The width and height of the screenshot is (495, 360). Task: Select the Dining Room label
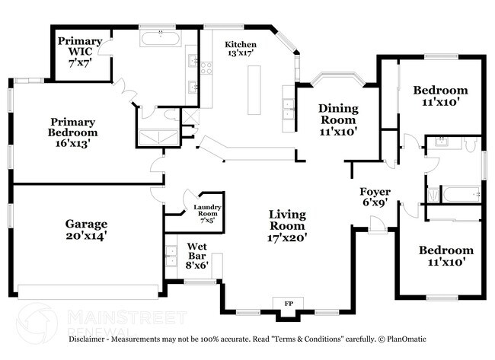pyautogui.click(x=337, y=119)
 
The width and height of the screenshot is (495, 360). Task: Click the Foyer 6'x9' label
pyautogui.click(x=375, y=196)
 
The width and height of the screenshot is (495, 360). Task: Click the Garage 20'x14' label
pyautogui.click(x=85, y=230)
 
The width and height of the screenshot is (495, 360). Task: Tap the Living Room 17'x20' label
pyautogui.click(x=287, y=225)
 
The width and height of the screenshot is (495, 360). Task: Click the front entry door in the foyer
pyautogui.click(x=375, y=222)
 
